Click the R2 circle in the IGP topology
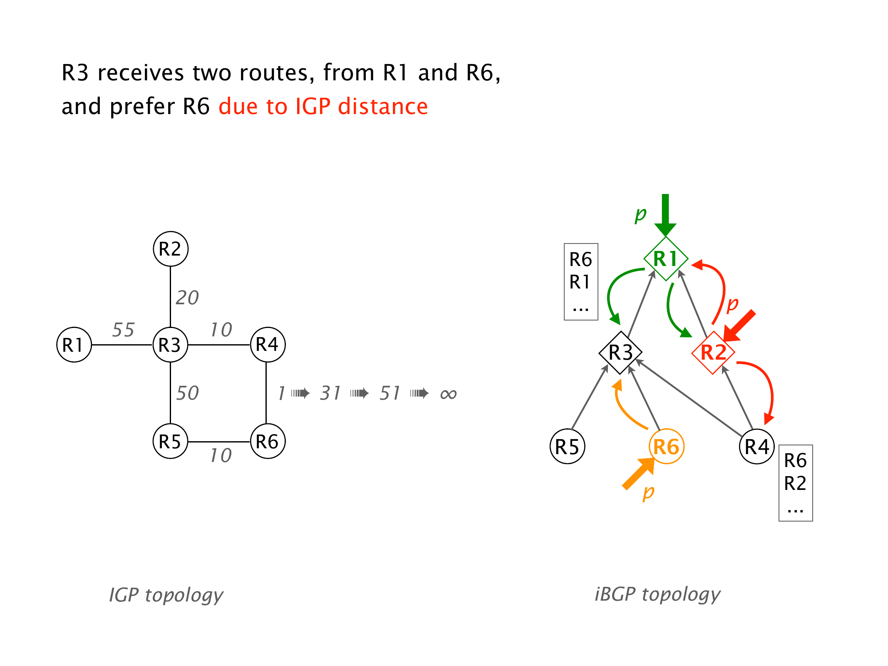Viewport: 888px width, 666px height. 171,249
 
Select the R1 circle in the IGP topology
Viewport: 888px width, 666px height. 74,345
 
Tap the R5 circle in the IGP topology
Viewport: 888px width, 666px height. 171,441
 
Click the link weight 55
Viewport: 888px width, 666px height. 123,330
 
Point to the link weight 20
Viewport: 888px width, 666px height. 187,298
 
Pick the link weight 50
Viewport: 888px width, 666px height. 187,393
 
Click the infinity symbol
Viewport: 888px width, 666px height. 448,394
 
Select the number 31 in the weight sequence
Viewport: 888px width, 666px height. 330,393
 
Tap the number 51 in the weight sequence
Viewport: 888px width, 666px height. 390,393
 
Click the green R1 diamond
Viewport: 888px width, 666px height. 665,258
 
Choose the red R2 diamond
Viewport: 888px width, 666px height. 713,353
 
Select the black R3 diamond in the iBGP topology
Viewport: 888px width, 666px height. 620,353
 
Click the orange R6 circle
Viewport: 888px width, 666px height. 666,447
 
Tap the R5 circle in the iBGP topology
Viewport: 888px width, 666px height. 567,447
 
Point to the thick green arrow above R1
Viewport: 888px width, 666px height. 665,214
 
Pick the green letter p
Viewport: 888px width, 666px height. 640,214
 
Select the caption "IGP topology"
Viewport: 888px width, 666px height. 166,595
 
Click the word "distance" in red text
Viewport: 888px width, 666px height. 383,106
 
